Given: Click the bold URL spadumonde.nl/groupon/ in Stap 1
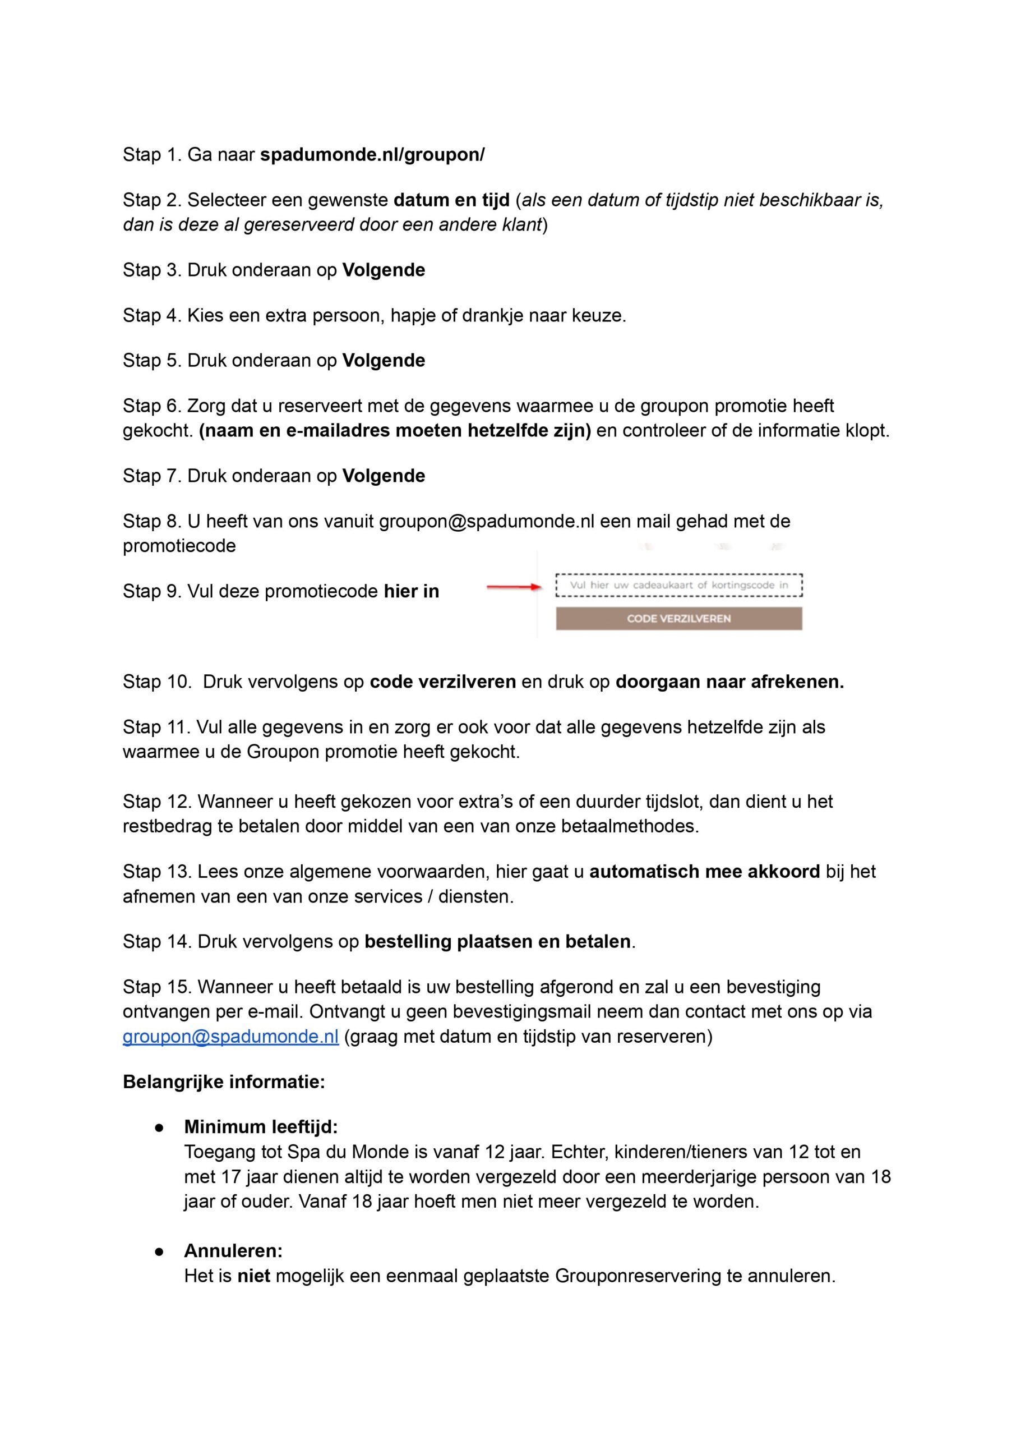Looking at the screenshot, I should pos(372,155).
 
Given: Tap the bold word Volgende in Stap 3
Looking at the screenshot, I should pos(384,270).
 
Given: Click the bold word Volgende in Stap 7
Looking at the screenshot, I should pos(384,476).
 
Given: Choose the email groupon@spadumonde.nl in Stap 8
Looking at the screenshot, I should pos(486,521).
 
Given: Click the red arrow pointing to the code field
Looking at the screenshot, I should pos(513,587).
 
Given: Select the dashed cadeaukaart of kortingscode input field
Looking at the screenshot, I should pos(679,586).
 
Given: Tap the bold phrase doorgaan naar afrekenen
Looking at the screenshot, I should pos(729,682).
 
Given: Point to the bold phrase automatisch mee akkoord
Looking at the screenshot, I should pos(704,872).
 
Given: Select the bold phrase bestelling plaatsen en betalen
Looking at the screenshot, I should pos(497,942).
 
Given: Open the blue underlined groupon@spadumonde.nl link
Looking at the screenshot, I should pos(230,1037).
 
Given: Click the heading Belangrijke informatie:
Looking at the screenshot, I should pos(224,1082).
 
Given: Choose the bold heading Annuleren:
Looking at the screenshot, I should pos(233,1251).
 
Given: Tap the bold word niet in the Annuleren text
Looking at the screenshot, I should pos(253,1276).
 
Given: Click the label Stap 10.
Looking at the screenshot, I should pos(156,682).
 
